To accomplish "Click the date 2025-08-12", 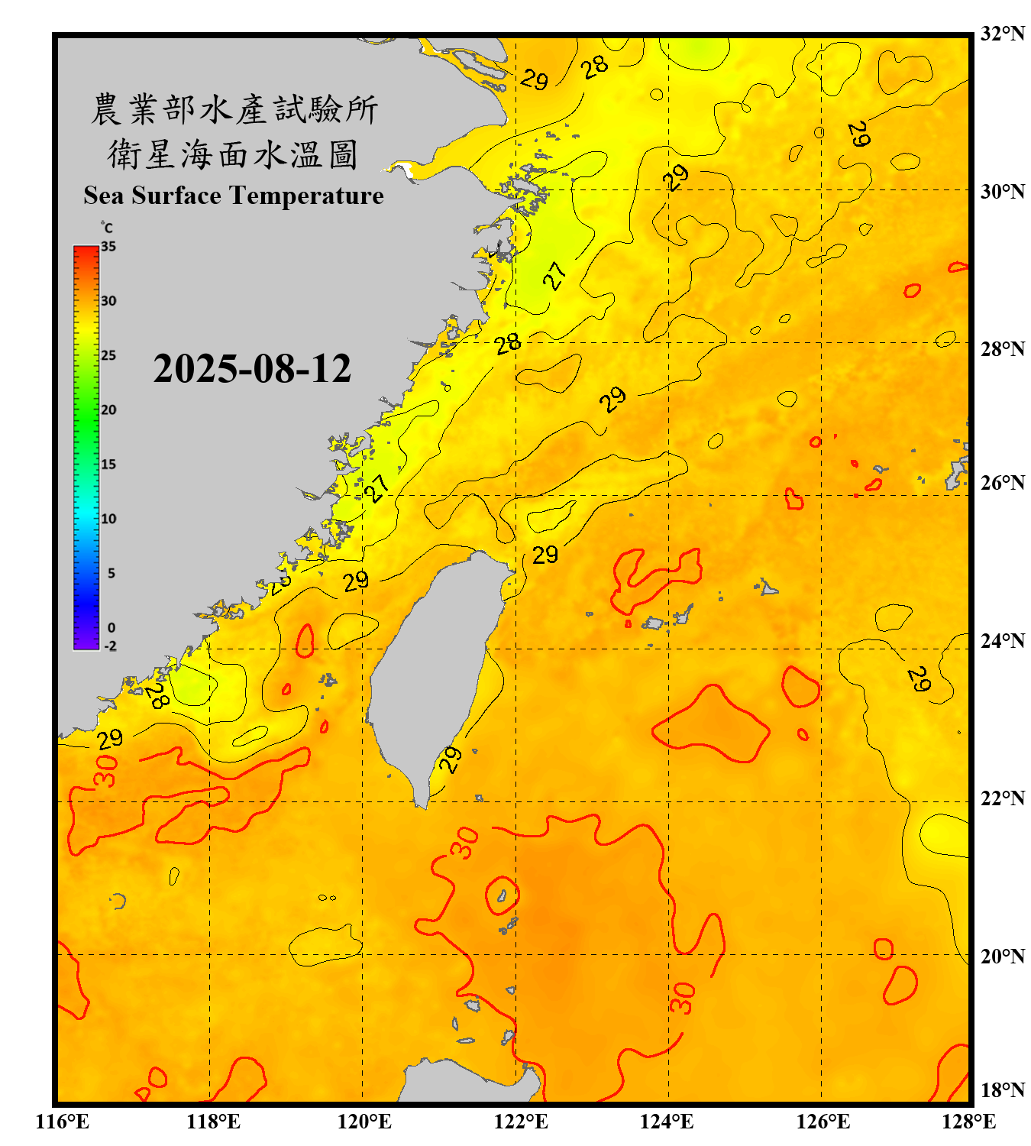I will [x=252, y=369].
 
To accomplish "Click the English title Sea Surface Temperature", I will [x=233, y=196].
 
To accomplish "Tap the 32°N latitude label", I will [x=1002, y=34].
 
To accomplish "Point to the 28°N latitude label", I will [x=1002, y=349].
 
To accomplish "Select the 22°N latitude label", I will [x=1002, y=798].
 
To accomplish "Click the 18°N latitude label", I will [x=1002, y=1089].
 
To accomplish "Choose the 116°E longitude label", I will [x=63, y=1122].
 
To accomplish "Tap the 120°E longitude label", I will [x=364, y=1122].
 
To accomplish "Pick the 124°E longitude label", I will [x=667, y=1122].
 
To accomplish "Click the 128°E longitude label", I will [x=968, y=1122].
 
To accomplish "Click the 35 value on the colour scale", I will [x=108, y=247].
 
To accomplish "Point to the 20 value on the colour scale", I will [x=108, y=410].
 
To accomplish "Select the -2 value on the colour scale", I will [x=110, y=646].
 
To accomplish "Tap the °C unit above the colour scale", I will [x=106, y=228].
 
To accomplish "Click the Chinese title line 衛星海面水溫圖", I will [x=233, y=154].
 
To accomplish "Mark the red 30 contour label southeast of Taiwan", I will [x=464, y=843].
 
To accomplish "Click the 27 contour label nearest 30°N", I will [x=555, y=275].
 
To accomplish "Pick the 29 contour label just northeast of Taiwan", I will [x=545, y=555].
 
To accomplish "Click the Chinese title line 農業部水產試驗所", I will [x=233, y=109].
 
